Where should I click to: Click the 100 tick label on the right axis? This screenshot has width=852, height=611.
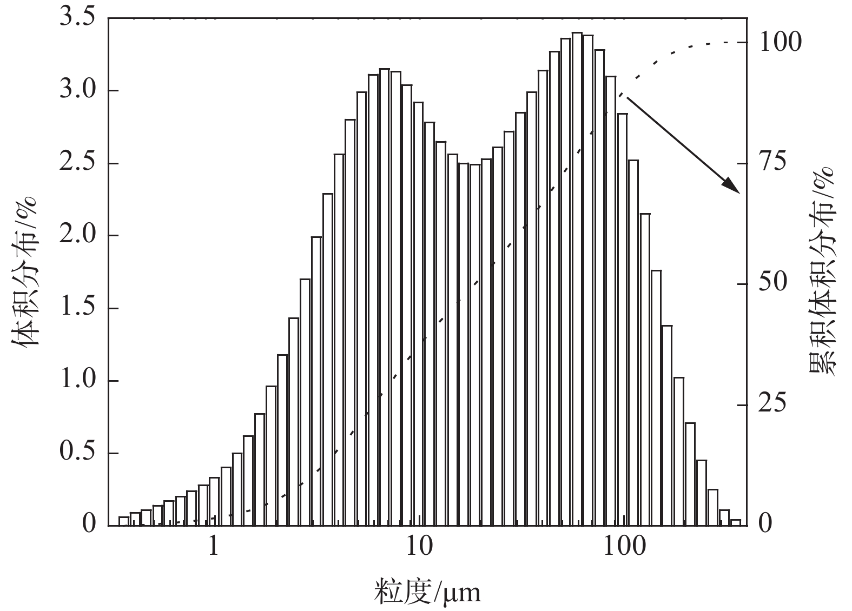781,42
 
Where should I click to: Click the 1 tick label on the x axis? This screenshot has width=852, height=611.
214,547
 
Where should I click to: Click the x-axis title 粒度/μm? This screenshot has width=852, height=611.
427,592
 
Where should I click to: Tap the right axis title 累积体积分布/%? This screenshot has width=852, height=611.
822,270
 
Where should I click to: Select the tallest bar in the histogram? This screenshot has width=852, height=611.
577,278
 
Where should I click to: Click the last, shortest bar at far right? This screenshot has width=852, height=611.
735,522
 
